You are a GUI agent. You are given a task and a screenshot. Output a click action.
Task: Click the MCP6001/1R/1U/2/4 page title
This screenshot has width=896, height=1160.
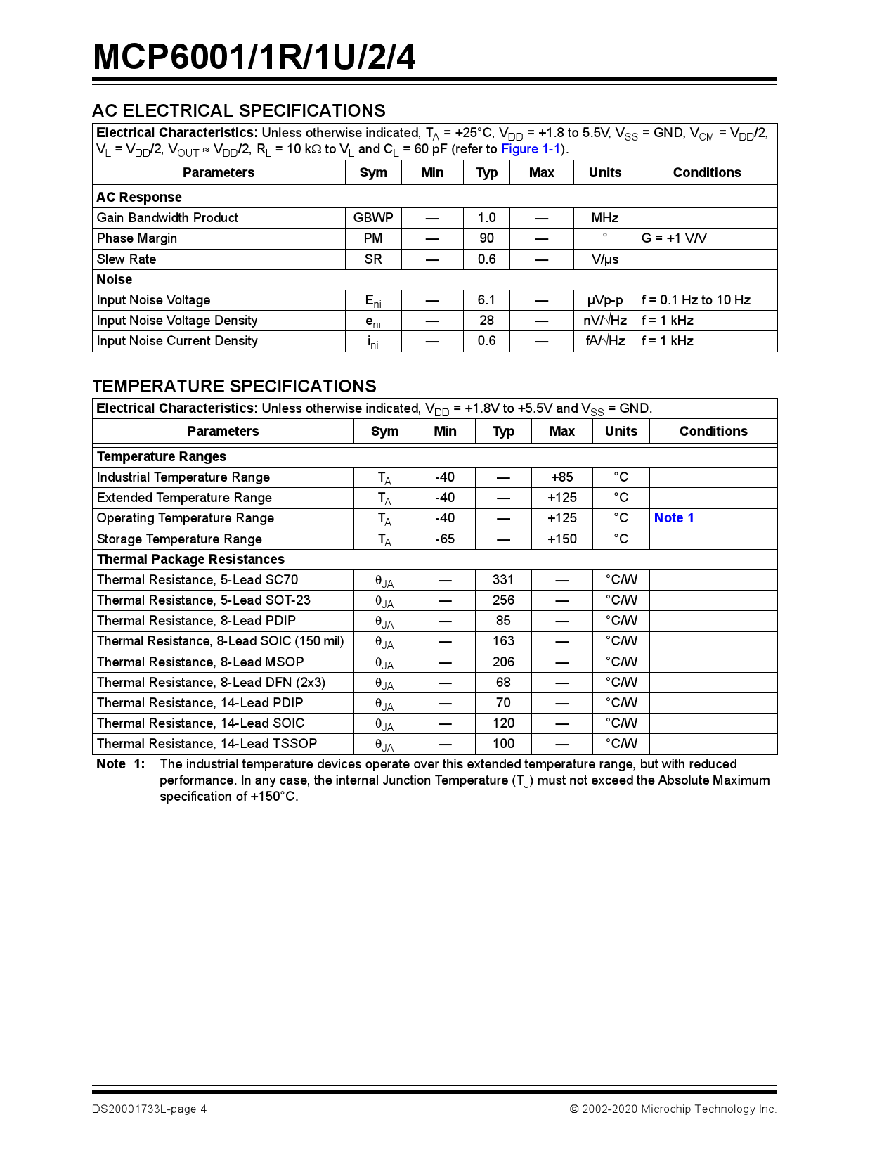[254, 57]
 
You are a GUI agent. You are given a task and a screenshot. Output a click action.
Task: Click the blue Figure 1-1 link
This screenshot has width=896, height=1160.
[531, 149]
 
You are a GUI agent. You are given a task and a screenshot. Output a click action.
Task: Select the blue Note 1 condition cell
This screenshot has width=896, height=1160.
[673, 518]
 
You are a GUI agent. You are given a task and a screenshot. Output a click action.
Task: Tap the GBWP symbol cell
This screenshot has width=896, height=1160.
[372, 218]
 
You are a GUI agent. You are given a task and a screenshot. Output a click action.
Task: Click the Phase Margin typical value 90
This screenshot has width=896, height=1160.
[486, 238]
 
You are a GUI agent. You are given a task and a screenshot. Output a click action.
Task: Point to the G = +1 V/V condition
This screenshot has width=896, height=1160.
[673, 238]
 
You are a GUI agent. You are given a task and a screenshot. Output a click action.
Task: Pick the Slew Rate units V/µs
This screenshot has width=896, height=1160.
[604, 259]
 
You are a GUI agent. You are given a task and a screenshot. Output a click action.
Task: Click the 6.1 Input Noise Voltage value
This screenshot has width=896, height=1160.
[486, 300]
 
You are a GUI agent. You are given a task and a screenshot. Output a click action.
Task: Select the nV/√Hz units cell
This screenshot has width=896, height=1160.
[604, 321]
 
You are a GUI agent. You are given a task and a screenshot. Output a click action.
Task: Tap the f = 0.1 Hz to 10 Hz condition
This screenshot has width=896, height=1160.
[695, 300]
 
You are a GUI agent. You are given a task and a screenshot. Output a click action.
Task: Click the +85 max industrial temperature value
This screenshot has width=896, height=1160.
[561, 477]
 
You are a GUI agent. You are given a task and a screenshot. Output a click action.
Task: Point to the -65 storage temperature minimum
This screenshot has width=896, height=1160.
[444, 539]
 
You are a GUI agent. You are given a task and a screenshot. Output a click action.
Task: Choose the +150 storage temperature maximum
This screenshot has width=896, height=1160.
[561, 539]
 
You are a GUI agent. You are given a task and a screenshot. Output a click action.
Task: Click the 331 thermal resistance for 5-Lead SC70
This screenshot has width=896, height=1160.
[503, 580]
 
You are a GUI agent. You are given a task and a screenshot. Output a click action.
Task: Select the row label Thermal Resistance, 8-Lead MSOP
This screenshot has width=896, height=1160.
[200, 662]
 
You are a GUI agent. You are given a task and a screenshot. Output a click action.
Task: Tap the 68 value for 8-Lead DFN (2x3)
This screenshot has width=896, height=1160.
[503, 683]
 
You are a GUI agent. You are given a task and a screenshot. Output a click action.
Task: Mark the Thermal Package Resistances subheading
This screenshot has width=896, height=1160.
[190, 560]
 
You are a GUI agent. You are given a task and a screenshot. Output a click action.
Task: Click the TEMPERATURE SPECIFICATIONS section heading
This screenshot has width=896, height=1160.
[234, 386]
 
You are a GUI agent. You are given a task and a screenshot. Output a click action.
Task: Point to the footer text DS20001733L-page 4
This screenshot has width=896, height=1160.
[149, 1109]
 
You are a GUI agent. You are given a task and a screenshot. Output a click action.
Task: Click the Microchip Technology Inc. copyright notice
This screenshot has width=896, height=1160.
[673, 1109]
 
